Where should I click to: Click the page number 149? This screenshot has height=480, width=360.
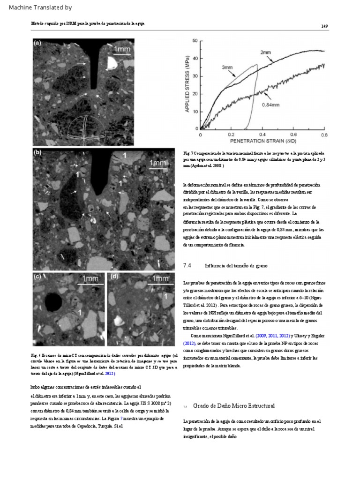click(324, 26)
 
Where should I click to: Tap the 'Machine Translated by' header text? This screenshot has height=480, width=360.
click(41, 8)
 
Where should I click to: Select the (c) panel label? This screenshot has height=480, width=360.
click(37, 277)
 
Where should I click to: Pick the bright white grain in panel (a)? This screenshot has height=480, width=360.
click(114, 63)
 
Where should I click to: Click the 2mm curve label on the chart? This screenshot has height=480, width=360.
click(265, 52)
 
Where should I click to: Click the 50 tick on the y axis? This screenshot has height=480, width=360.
click(194, 41)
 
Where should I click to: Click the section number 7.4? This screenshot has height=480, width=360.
click(187, 266)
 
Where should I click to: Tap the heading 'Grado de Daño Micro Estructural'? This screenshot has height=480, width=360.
click(233, 405)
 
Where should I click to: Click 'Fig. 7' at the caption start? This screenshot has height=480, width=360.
click(188, 153)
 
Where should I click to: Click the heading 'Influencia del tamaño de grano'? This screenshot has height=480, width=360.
click(236, 266)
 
